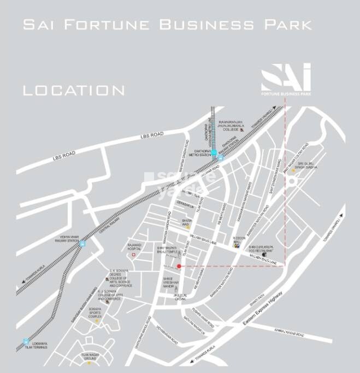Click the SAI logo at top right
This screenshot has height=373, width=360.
click(286, 79)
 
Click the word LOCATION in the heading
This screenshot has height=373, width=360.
click(74, 90)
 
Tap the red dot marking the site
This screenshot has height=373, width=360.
click(179, 266)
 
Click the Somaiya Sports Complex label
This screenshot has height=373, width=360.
click(93, 315)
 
